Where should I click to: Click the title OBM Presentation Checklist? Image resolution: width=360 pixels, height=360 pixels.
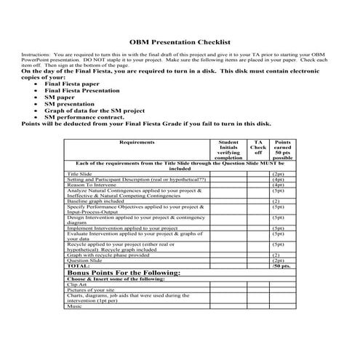coord(180,42)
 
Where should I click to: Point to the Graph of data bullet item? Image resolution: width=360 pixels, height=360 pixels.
coord(95,111)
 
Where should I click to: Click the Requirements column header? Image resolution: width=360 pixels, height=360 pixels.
coord(136,143)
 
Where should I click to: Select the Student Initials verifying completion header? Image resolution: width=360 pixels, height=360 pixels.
coord(228,149)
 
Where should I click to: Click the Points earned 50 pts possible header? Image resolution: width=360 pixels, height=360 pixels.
coord(283,150)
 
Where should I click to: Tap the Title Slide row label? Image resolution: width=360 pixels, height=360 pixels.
coord(79,175)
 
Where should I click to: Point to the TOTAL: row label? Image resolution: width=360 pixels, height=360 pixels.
coord(78,266)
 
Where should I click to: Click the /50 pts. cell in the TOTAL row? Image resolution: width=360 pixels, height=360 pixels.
coord(281,266)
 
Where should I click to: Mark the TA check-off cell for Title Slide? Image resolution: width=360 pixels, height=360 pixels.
coord(257,175)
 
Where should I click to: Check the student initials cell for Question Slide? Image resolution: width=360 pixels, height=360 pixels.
coord(228,260)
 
